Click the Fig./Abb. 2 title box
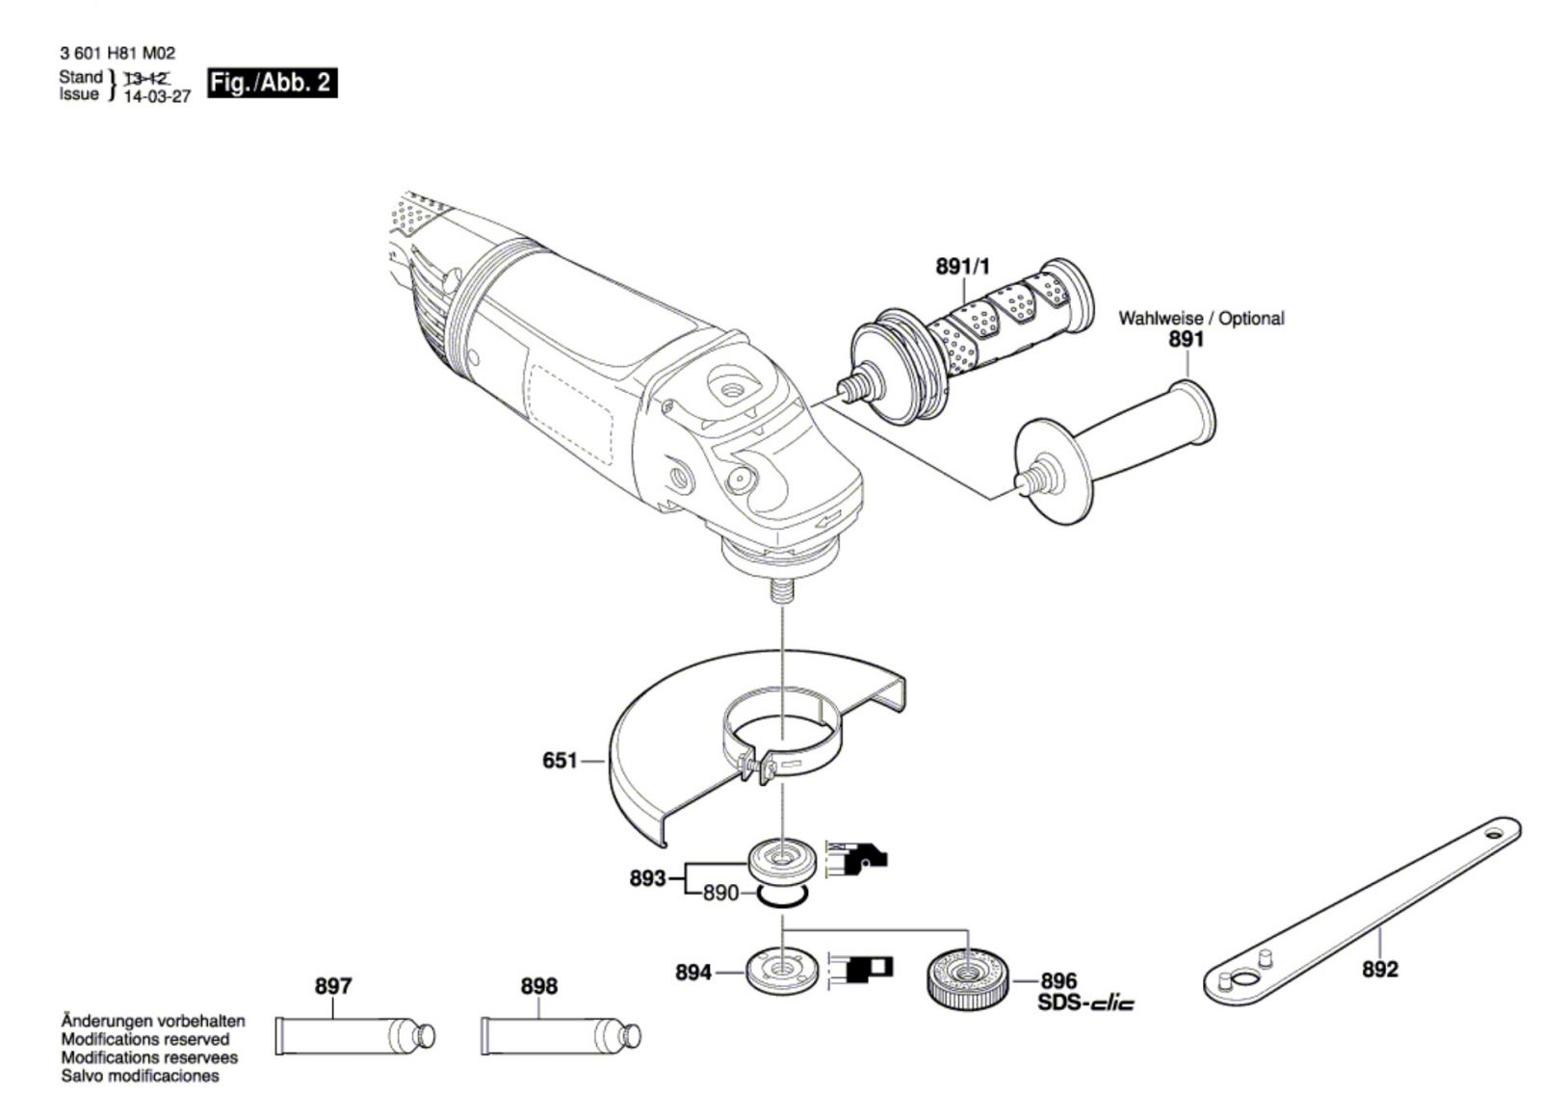point(273,83)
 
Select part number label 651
point(560,761)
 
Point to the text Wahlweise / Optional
point(1200,318)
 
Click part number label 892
point(1379,969)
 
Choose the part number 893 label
point(647,878)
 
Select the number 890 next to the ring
point(720,894)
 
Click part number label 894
point(693,973)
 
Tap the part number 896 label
point(1058,981)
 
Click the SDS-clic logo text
point(1085,1003)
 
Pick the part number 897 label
point(333,986)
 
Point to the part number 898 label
point(538,986)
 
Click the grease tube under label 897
point(354,1035)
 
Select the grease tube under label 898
point(560,1035)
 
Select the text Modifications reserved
point(145,1039)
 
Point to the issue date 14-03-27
point(158,97)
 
